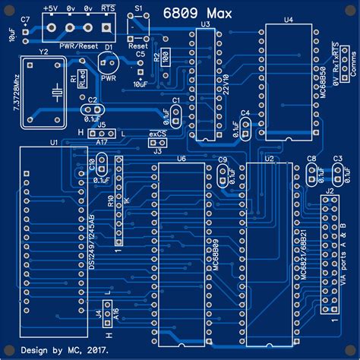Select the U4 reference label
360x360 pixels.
[x=288, y=20]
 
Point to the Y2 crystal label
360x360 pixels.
[x=43, y=52]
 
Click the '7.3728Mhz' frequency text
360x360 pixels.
[x=17, y=92]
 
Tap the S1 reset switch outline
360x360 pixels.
[x=137, y=27]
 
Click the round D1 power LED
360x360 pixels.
[x=109, y=62]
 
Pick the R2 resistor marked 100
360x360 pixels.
[x=166, y=57]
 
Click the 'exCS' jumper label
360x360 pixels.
[x=157, y=134]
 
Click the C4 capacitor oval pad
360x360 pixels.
[x=245, y=126]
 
